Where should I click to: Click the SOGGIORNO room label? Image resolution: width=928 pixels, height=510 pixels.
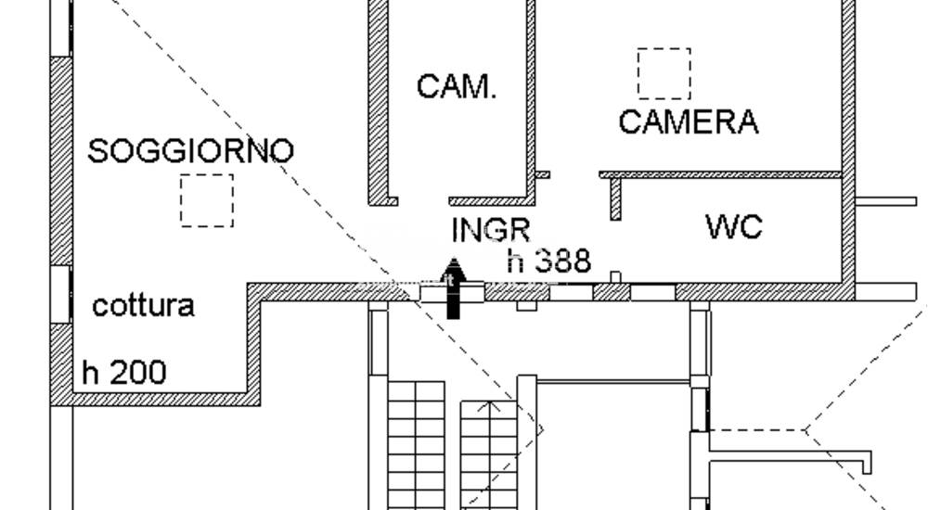pos(190,150)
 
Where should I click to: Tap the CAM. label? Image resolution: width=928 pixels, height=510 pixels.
pos(457,87)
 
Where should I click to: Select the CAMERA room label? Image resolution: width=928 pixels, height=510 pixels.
pos(688,121)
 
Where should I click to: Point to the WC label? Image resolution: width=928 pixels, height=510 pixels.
pos(734,226)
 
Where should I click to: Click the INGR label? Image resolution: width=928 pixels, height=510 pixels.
pos(490,230)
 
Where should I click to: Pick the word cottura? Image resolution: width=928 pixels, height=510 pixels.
pos(144,305)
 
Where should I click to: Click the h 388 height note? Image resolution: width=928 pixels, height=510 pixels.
pos(549,261)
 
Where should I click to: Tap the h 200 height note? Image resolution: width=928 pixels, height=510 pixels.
pos(124,373)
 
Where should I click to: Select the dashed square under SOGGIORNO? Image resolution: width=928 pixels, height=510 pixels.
pos(207,200)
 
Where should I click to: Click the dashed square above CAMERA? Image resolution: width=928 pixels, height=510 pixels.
pos(664,73)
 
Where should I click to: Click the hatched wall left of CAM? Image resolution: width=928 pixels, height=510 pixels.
pos(379,102)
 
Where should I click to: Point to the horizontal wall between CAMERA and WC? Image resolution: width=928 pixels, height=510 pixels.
pos(720,174)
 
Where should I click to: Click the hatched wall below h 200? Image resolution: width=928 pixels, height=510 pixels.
pos(158,399)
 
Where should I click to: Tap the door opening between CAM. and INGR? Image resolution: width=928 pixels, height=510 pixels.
pos(423,200)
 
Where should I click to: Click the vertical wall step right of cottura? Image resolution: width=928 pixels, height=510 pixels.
pos(253,343)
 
